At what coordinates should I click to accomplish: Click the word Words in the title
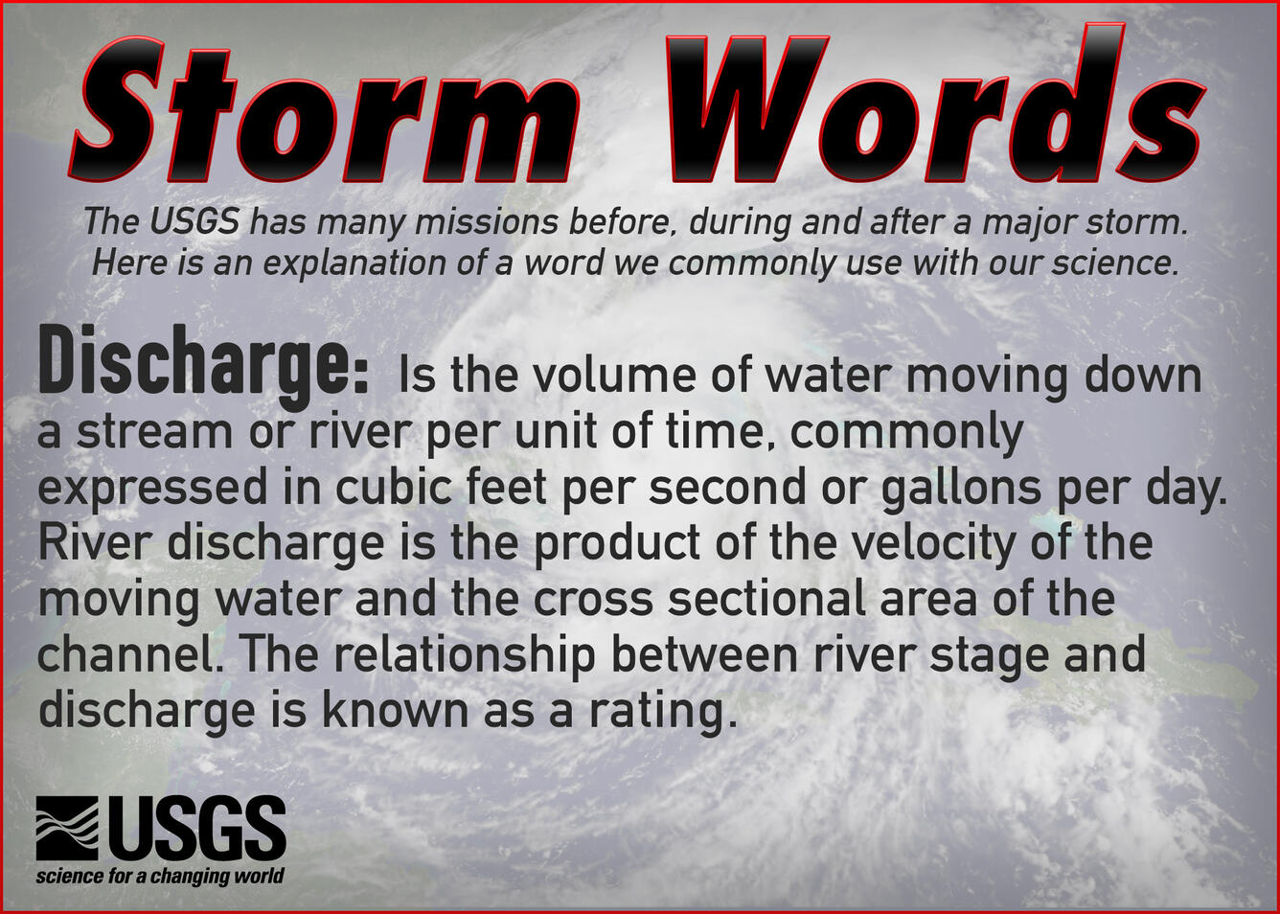[x=934, y=110]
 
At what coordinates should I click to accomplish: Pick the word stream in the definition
[x=154, y=431]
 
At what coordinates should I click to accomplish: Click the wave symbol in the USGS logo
[x=67, y=828]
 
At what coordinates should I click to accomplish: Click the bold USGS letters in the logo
[x=196, y=828]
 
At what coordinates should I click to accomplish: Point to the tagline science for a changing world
[x=160, y=876]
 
